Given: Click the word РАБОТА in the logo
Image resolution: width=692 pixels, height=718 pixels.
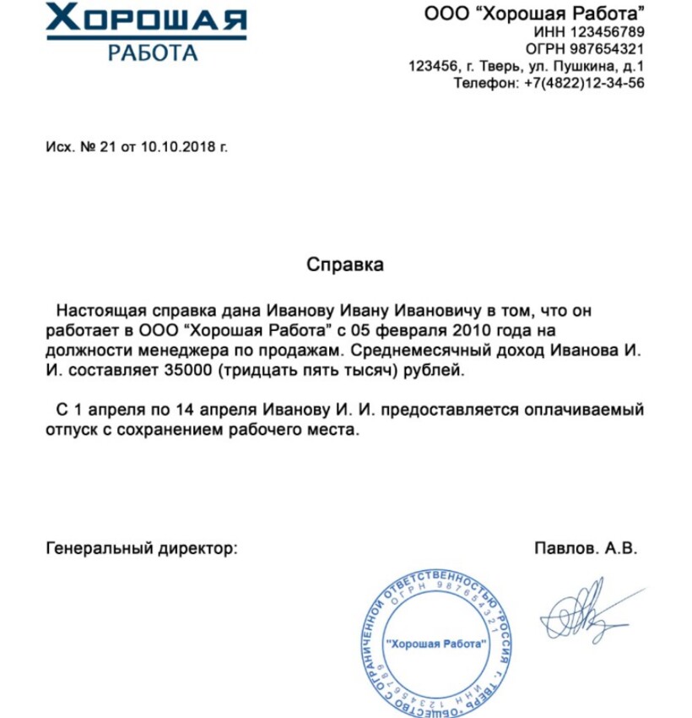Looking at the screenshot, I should pos(153,52).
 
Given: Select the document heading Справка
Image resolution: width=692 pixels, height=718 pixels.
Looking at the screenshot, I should pos(344,264).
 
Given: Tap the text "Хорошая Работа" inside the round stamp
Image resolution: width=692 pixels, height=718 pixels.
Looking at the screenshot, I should pos(436,644).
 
